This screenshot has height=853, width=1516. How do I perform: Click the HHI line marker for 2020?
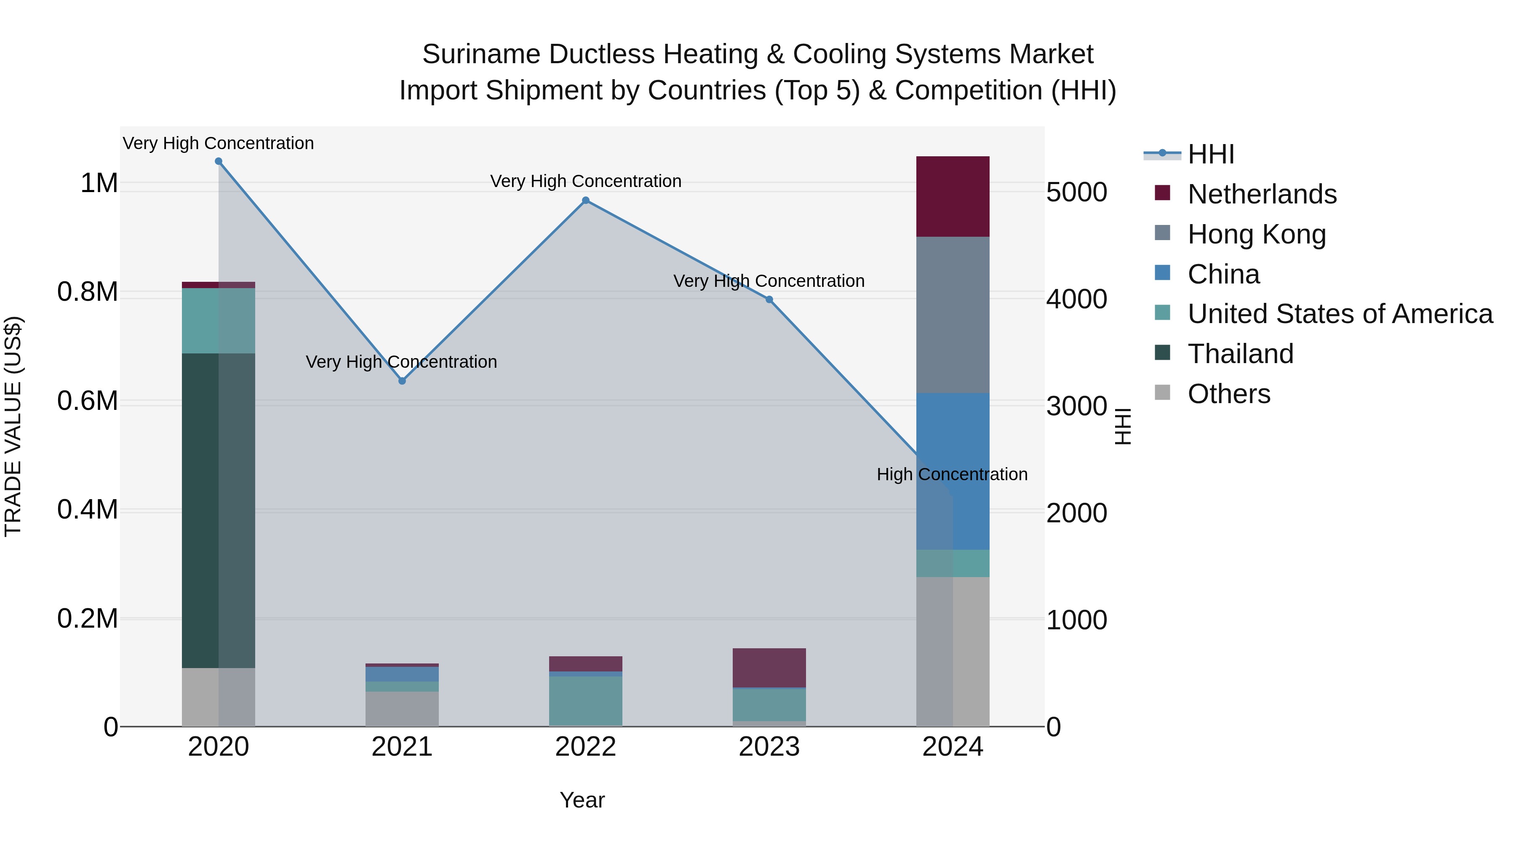coord(218,161)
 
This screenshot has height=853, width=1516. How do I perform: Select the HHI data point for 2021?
coord(402,381)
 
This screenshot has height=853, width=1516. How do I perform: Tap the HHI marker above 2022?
coord(586,201)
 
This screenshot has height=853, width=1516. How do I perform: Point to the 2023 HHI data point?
coord(769,299)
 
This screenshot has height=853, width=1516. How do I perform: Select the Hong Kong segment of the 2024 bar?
coord(953,315)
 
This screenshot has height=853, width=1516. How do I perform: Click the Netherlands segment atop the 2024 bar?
coord(953,197)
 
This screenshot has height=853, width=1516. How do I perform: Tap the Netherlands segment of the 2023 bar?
coord(769,668)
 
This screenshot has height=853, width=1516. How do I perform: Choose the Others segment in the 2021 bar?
coord(402,709)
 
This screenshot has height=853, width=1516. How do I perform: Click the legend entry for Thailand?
coord(1240,354)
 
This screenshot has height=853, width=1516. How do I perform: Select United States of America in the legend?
coord(1340,314)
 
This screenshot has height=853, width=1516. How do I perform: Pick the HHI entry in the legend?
coord(1211,154)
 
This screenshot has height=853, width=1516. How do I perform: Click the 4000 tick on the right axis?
coord(1076,299)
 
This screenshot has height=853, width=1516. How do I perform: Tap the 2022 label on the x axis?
coord(586,747)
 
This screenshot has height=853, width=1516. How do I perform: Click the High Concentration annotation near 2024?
coord(952,474)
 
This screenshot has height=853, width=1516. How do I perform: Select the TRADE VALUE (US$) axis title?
coord(13,426)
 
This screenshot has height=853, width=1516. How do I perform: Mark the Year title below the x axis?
coord(582,800)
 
